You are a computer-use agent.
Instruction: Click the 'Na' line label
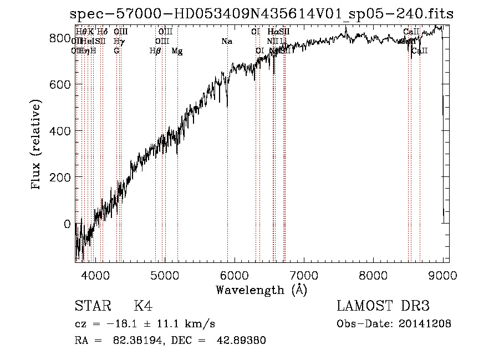click(226, 42)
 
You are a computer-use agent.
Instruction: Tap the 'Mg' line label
click(177, 51)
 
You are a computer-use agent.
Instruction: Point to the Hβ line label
click(155, 51)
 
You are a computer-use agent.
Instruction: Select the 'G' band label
click(116, 51)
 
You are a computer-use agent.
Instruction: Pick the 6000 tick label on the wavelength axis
click(234, 275)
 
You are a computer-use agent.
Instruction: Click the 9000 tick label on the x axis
click(442, 275)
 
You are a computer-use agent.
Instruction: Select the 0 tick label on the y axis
click(67, 224)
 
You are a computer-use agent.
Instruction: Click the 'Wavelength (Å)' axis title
click(261, 290)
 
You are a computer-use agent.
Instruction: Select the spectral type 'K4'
click(143, 307)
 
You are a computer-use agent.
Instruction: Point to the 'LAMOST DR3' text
click(383, 307)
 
